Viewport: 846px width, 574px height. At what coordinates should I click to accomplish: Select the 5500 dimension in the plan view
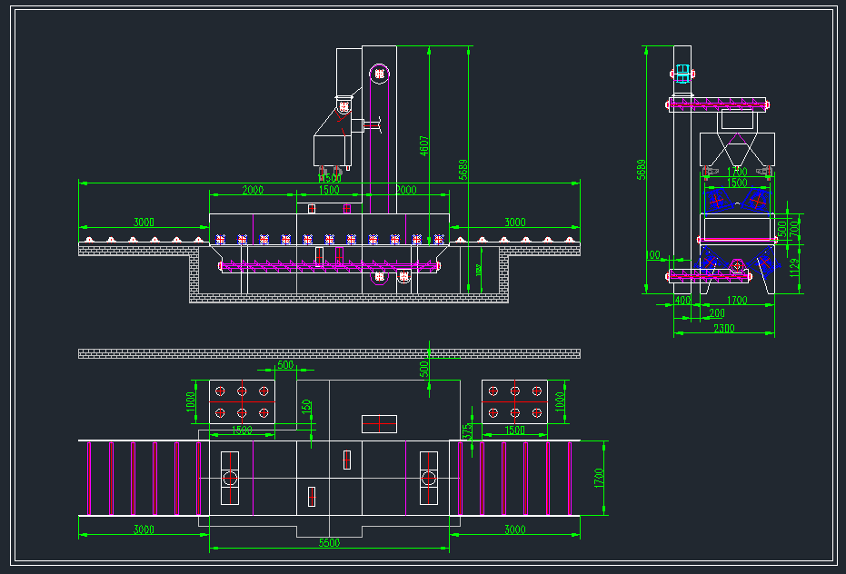329,542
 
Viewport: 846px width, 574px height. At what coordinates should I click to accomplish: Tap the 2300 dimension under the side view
724,328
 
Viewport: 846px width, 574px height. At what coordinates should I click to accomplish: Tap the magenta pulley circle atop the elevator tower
379,73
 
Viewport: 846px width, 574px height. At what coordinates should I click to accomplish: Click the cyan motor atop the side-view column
682,72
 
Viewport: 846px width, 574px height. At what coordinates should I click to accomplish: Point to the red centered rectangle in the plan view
379,423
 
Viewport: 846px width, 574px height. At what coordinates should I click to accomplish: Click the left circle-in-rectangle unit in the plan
230,478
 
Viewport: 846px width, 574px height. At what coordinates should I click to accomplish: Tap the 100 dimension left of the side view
653,256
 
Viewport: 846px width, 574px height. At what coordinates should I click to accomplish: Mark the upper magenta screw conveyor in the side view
718,104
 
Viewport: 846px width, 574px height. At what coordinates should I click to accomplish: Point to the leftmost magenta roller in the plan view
89,478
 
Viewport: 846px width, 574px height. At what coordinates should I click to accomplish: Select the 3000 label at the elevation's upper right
514,222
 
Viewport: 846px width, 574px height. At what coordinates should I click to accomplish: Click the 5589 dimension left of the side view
642,170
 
